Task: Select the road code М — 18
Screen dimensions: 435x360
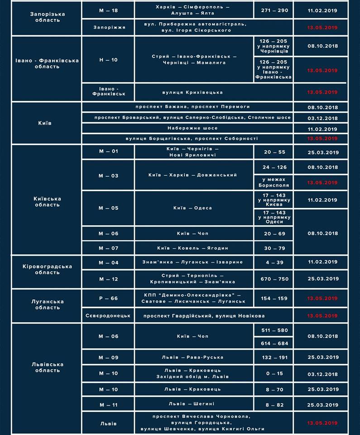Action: click(x=108, y=10)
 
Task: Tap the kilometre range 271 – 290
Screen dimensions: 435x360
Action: click(x=274, y=10)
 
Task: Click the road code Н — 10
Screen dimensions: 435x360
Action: click(x=108, y=60)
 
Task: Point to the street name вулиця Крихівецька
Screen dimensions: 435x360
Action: click(x=192, y=92)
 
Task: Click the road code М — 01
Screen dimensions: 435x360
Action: click(x=108, y=151)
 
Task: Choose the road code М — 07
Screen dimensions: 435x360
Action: click(x=108, y=248)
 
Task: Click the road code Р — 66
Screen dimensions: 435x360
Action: click(x=108, y=299)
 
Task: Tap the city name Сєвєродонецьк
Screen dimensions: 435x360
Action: click(x=108, y=315)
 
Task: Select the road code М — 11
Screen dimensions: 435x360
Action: click(x=108, y=404)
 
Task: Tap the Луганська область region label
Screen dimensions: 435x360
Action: click(x=48, y=304)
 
